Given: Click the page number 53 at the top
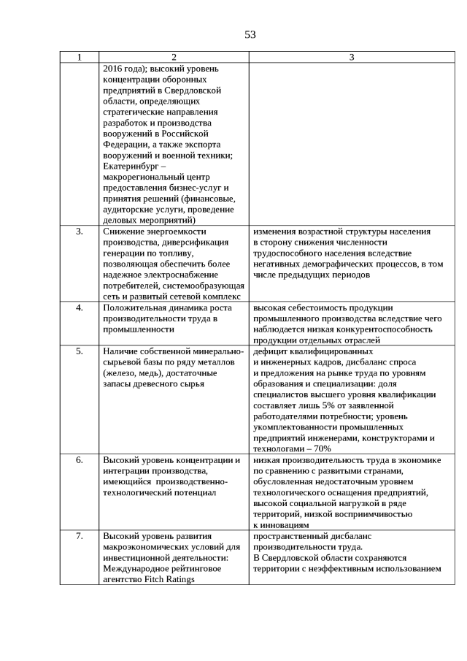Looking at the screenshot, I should point(250,34).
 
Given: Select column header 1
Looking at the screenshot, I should point(80,57).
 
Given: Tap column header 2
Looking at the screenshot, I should point(174,57).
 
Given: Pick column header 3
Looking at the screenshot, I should point(351,57).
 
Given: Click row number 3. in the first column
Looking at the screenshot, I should point(80,232).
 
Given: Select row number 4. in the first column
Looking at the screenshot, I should point(80,307).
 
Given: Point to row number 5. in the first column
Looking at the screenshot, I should point(80,351).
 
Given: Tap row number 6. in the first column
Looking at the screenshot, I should point(80,460).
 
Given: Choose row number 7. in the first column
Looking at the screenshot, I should point(80,536).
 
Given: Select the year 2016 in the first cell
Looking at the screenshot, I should point(115,68).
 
